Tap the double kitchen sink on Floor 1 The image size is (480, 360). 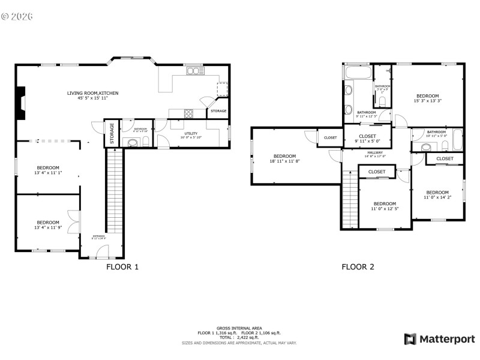(194, 71)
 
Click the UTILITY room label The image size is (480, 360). (190, 133)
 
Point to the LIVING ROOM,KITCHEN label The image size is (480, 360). (92, 93)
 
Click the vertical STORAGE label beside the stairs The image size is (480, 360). (112, 133)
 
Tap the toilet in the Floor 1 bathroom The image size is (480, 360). (145, 142)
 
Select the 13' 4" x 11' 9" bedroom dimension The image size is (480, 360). (48, 227)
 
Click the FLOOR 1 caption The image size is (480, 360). (122, 267)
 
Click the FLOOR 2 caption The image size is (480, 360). (358, 267)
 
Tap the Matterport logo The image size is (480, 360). (439, 339)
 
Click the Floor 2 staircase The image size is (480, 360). (349, 199)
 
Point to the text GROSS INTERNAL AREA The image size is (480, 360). (239, 328)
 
